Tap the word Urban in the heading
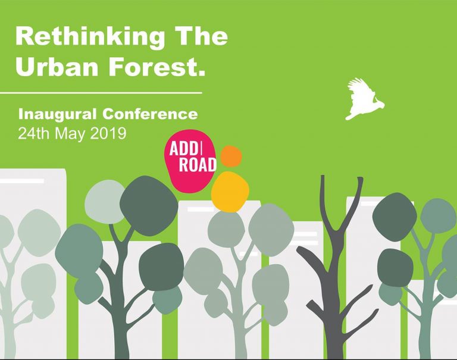click(57, 67)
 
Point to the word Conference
click(150, 114)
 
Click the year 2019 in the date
click(108, 133)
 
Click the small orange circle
click(231, 156)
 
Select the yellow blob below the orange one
click(230, 192)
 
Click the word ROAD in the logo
click(198, 165)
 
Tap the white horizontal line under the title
click(101, 93)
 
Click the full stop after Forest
click(200, 74)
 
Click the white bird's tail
click(350, 116)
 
